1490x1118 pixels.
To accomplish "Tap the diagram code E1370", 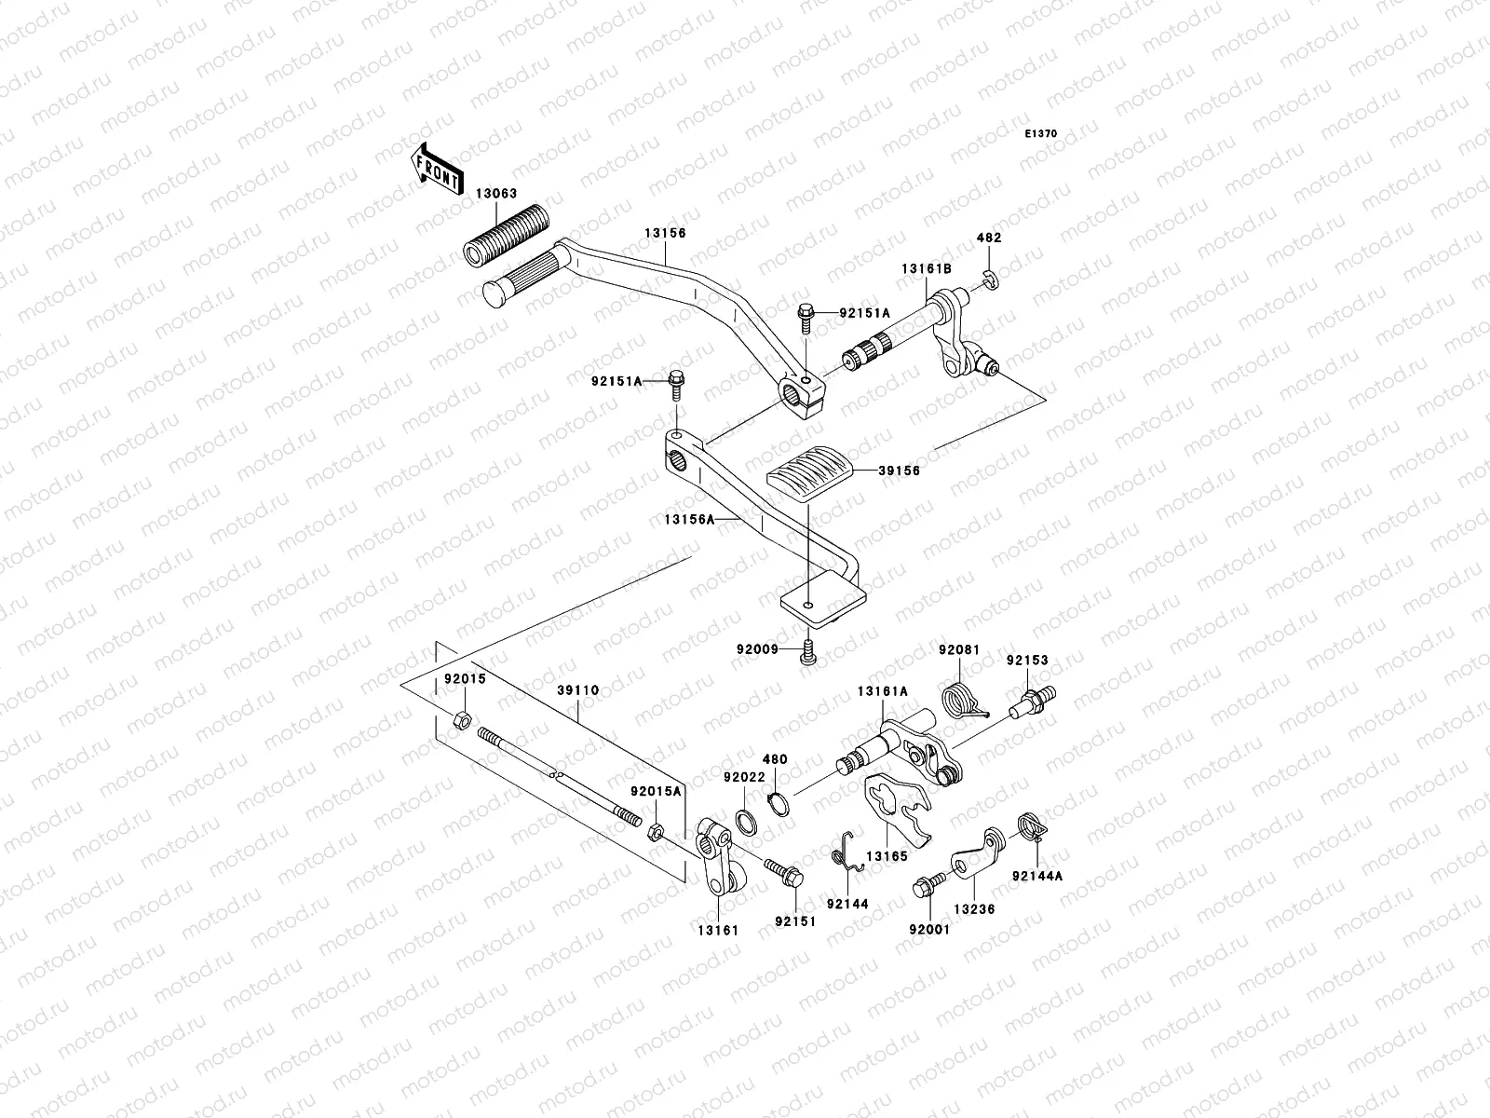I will [1041, 134].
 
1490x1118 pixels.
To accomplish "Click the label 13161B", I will [926, 268].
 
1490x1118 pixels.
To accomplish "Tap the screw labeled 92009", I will [808, 656].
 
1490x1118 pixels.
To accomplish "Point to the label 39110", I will [578, 690].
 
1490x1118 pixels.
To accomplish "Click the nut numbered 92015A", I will [655, 829].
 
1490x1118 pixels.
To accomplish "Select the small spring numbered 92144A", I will [1029, 824].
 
